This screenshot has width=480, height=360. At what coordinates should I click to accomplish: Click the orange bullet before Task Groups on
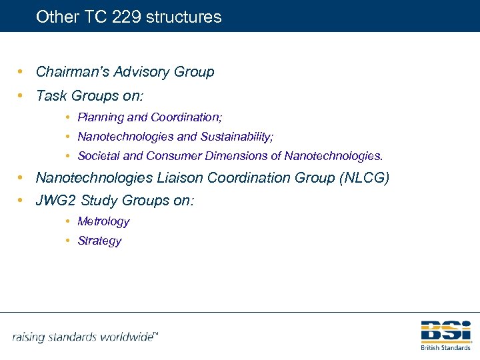click(x=22, y=96)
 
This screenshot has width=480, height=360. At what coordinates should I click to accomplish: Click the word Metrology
click(x=103, y=221)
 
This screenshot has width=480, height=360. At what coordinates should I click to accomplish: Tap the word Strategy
click(x=99, y=241)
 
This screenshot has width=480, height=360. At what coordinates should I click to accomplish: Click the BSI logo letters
click(x=445, y=331)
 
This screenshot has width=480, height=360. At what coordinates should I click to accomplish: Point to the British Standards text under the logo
click(x=445, y=347)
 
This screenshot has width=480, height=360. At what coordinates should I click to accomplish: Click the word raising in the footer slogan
click(x=31, y=337)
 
